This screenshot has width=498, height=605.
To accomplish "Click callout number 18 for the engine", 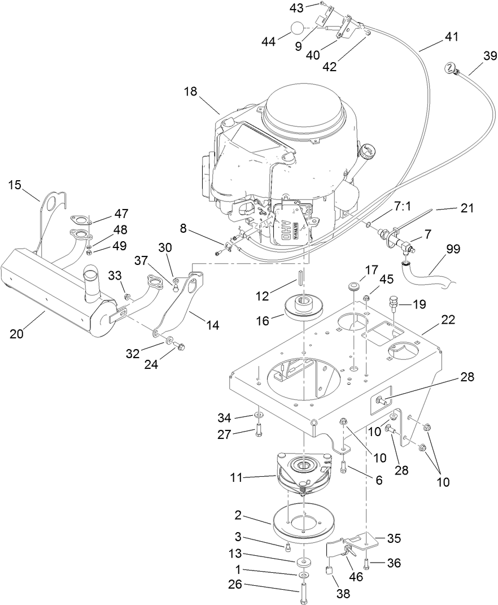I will [x=191, y=92].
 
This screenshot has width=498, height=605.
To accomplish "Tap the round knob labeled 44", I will [x=298, y=28].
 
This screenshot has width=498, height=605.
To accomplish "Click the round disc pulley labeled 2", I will [x=303, y=523].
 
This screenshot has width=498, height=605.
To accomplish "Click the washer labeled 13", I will [x=304, y=562].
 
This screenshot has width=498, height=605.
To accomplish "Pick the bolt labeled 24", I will [x=180, y=343].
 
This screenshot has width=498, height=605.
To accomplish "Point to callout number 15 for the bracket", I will [x=15, y=185].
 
